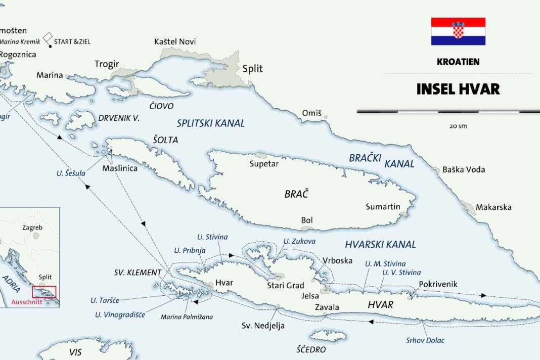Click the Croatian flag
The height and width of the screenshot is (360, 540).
[x=458, y=31]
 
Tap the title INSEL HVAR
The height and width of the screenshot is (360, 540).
[x=458, y=89]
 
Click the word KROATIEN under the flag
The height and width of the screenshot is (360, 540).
[x=458, y=62]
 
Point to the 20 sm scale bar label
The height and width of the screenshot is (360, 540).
[x=458, y=126]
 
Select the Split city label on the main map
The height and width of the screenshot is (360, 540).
[x=253, y=69]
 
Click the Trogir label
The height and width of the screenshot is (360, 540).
[x=107, y=64]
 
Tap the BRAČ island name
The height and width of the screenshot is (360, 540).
[x=296, y=194]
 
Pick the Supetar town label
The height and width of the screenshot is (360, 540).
[x=264, y=163]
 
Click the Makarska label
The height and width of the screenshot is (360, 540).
[x=493, y=207]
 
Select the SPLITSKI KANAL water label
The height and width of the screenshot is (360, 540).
[x=210, y=123]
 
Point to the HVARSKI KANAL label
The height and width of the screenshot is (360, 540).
[x=380, y=245]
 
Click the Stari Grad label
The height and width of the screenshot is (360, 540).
[x=286, y=286]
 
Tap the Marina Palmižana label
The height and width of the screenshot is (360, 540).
[x=187, y=317]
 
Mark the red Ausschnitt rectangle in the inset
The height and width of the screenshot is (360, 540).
[x=44, y=292]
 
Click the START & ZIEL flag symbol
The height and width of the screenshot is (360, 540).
[x=48, y=38]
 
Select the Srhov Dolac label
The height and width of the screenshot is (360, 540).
[x=425, y=340]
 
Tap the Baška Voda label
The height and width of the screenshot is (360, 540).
[x=464, y=169]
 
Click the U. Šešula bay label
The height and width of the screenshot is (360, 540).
[x=71, y=173]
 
